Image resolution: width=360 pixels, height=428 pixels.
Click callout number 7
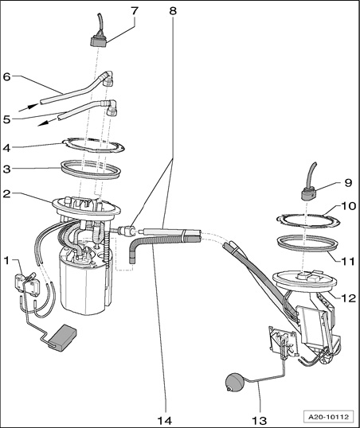point(135,11)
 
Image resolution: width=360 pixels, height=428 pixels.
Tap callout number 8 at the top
point(173,11)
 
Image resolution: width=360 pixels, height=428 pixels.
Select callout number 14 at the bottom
point(165,420)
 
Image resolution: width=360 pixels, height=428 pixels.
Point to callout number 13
point(259,420)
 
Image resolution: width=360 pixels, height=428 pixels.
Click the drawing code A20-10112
point(329,417)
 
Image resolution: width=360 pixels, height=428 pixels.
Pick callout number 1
point(6,261)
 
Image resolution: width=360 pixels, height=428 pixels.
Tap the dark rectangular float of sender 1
point(62,337)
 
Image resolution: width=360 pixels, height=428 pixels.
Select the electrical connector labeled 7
point(99,40)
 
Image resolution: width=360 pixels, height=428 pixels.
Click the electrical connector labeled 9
point(309,195)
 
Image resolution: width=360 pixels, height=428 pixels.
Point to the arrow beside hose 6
point(29,107)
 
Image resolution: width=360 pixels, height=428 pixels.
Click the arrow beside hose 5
point(48,122)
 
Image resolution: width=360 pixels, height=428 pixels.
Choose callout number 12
point(348,298)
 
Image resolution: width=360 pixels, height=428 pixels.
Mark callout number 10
point(348,206)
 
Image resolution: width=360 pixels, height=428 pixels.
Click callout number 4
point(6,148)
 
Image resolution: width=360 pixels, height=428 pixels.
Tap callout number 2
point(6,194)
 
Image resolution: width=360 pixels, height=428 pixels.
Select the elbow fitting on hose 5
point(112,108)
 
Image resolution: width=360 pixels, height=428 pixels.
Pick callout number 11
point(348,262)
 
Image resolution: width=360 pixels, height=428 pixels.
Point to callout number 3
point(6,169)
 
